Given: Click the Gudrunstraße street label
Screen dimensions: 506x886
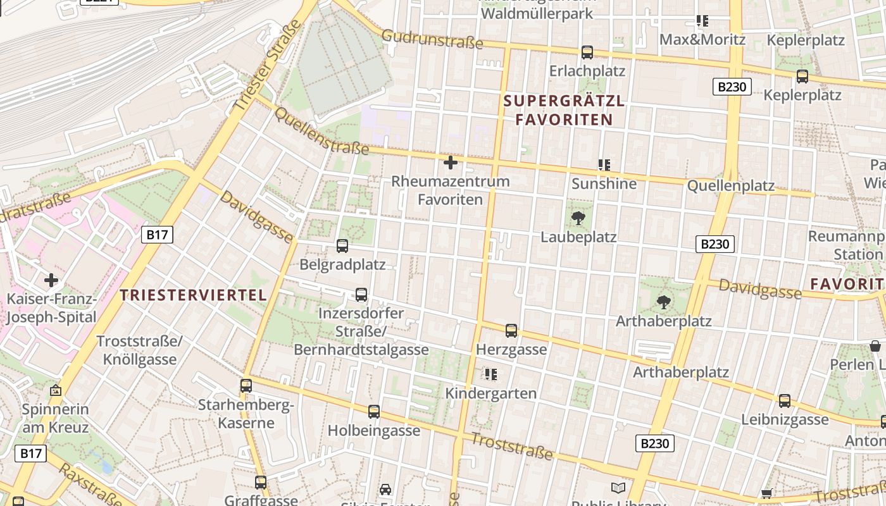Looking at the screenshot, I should click(x=432, y=39).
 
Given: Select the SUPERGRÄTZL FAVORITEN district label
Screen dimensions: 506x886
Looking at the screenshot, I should click(x=564, y=110).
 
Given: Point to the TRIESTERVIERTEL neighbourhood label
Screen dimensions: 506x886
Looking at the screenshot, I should click(x=193, y=295).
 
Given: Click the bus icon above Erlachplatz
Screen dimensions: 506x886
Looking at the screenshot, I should click(x=587, y=52).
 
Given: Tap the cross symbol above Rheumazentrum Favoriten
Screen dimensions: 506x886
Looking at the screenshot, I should click(x=451, y=163).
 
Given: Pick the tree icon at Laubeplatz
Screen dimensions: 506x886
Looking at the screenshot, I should click(x=578, y=219).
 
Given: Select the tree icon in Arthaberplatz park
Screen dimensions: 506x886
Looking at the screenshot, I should click(x=664, y=302).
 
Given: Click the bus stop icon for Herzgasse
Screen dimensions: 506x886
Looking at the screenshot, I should click(x=511, y=331).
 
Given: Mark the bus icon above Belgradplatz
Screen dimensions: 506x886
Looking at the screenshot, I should click(x=342, y=246).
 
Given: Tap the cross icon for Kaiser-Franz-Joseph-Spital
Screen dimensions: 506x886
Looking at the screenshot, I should click(x=51, y=280).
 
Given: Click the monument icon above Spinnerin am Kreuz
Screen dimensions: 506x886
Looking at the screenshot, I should click(x=56, y=391).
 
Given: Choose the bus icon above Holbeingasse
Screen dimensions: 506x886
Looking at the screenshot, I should click(x=374, y=412).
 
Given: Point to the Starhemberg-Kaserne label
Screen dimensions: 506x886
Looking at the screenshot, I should click(x=246, y=414).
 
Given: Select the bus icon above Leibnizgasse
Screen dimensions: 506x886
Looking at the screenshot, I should click(x=785, y=401).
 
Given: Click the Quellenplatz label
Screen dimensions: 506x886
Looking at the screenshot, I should click(x=730, y=186).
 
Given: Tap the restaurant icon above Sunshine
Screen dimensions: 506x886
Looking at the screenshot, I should click(x=604, y=165).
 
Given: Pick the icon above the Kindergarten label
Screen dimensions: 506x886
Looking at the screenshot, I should click(x=490, y=374).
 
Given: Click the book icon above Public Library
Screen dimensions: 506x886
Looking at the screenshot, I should click(x=618, y=488).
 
